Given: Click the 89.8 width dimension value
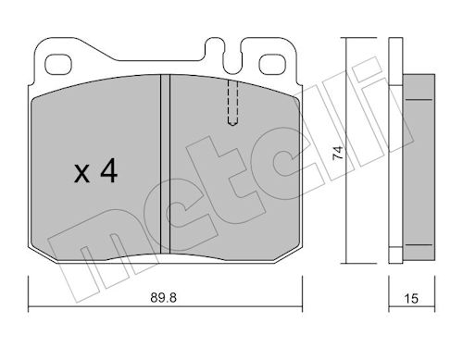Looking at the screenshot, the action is click(x=163, y=298).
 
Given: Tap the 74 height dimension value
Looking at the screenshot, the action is click(x=338, y=153).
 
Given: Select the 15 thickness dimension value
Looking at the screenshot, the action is click(x=411, y=299).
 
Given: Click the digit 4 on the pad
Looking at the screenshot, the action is click(x=109, y=170).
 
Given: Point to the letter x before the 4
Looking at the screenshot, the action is click(x=81, y=174).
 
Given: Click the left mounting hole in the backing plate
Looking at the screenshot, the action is click(x=58, y=64).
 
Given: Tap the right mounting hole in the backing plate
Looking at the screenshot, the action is click(x=273, y=64).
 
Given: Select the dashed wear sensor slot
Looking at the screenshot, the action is click(x=232, y=103).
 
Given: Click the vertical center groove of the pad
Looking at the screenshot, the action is click(x=165, y=164).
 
